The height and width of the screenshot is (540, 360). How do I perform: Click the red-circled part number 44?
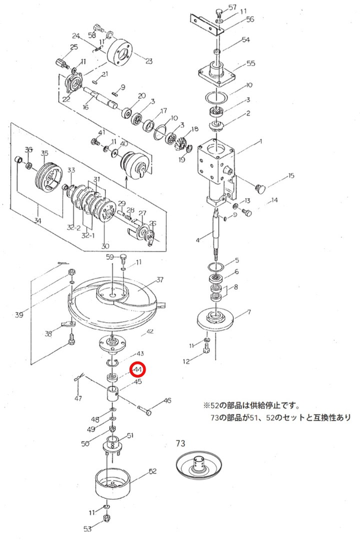point(138,370)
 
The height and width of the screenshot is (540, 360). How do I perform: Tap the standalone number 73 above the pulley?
point(181,444)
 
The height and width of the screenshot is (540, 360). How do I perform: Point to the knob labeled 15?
point(260,188)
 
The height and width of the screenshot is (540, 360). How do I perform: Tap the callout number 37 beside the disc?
point(161,280)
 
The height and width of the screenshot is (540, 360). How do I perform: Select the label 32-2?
point(74,227)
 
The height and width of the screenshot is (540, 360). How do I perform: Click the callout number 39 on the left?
point(19,314)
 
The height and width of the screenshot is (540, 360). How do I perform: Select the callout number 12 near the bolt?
point(187,361)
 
